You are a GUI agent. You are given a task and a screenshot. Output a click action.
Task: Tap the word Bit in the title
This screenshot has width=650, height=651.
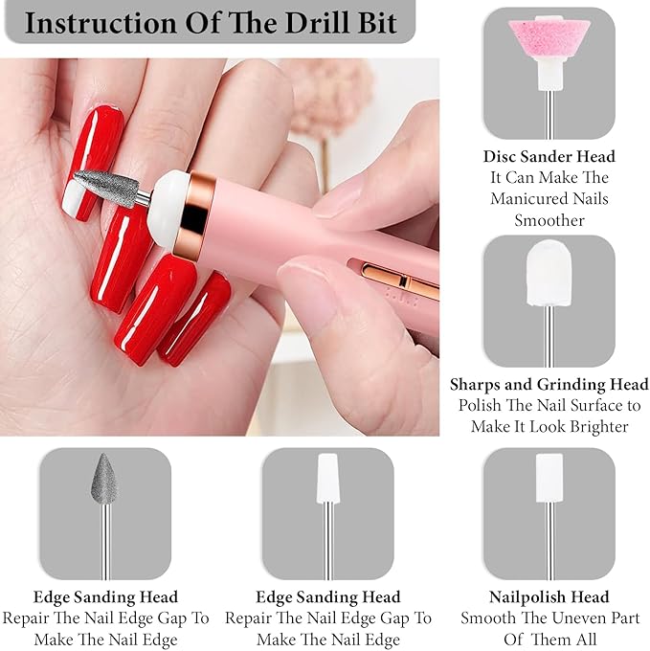[x=377, y=23]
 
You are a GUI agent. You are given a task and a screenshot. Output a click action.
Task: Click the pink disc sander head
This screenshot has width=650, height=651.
[x=549, y=39]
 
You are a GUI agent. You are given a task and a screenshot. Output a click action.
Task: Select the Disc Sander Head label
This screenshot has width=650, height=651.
[x=549, y=156]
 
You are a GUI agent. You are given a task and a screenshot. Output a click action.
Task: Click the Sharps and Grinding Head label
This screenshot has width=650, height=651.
[x=549, y=385]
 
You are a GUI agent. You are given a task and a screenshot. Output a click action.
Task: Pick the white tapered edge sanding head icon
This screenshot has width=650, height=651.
[x=328, y=478]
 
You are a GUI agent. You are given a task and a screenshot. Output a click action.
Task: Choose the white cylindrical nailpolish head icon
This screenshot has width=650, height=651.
[x=549, y=478]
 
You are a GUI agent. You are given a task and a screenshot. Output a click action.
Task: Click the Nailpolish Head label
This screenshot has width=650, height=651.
[x=549, y=597]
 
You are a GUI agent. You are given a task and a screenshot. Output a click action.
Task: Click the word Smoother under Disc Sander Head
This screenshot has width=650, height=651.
[x=549, y=220]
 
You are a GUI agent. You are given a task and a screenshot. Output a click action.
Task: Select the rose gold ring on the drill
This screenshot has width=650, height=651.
[x=194, y=215]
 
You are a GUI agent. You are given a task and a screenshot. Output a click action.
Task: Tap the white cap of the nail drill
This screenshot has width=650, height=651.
[x=169, y=210]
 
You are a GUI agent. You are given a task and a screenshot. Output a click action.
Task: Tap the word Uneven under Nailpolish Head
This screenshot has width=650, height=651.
[x=550, y=618]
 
